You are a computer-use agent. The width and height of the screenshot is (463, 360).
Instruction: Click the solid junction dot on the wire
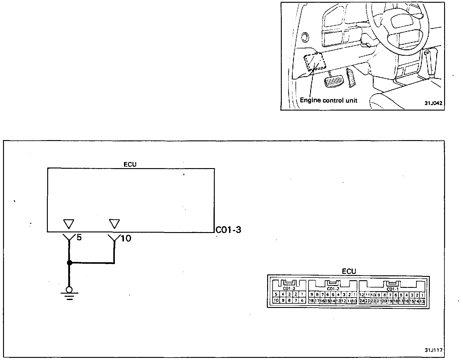click(x=69, y=263)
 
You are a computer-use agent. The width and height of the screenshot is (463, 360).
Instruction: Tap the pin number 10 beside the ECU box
click(x=126, y=238)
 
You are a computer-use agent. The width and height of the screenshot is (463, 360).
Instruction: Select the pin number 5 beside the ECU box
click(x=79, y=237)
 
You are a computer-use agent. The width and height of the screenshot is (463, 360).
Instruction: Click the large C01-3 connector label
click(x=228, y=230)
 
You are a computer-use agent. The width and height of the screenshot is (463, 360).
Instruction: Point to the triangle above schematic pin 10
click(x=114, y=224)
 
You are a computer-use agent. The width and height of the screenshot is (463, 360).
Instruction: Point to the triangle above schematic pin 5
click(x=69, y=224)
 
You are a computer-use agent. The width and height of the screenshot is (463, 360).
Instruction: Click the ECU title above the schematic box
click(x=130, y=164)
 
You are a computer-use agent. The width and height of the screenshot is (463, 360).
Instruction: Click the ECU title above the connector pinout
click(x=349, y=271)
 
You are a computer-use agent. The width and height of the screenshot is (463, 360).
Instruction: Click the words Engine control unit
click(x=328, y=100)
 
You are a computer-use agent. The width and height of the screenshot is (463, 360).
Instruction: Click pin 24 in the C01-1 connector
click(x=362, y=301)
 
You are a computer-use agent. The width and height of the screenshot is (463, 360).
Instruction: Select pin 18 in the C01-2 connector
click(x=311, y=301)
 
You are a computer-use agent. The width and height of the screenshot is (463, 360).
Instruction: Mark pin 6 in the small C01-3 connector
click(x=302, y=301)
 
